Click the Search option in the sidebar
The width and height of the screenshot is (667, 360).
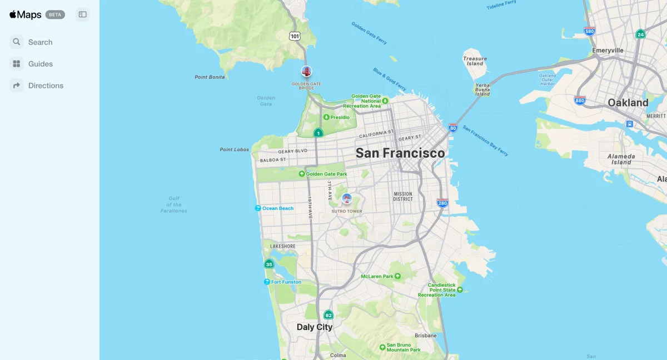(x=40, y=42)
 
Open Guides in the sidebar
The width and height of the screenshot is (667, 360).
(x=40, y=64)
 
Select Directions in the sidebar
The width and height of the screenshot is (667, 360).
(x=46, y=86)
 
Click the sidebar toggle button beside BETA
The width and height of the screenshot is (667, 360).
(x=83, y=14)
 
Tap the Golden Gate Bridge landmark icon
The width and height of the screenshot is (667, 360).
(x=306, y=71)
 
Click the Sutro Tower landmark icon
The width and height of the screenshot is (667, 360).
(x=347, y=198)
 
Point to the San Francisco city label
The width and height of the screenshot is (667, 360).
(x=400, y=153)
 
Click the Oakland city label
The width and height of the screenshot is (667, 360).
(x=628, y=103)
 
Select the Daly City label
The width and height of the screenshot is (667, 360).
(x=315, y=327)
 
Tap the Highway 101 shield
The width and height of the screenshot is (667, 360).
(x=295, y=36)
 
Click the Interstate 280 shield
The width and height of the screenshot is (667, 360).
(x=442, y=203)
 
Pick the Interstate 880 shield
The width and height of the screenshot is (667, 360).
(x=580, y=101)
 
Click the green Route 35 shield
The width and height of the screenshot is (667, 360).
(x=269, y=264)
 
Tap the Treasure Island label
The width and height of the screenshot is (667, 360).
(x=475, y=61)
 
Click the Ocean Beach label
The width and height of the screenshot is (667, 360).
(x=277, y=208)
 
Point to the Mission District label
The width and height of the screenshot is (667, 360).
(x=403, y=196)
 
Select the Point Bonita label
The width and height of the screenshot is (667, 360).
(x=210, y=77)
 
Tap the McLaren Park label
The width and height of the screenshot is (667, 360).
(x=377, y=276)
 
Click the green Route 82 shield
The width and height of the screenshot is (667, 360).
(x=328, y=315)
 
